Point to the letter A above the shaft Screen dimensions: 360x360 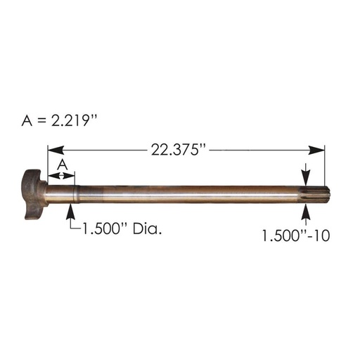coord(61,163)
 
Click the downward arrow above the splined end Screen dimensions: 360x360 coord(307,176)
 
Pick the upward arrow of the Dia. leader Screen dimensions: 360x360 coord(70,208)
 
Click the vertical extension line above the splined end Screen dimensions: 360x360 coord(325,165)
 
